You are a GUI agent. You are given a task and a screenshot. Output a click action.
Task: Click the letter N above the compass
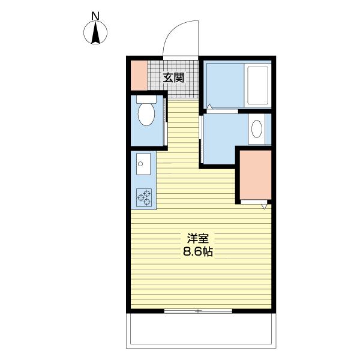[x=95, y=16]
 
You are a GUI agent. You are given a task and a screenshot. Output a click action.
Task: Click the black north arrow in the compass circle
[x=95, y=32]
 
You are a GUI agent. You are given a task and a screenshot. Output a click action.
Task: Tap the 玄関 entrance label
[x=173, y=78]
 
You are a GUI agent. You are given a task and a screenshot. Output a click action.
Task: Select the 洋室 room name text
[x=198, y=239]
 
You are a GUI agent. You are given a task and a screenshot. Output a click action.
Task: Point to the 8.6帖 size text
[x=198, y=252]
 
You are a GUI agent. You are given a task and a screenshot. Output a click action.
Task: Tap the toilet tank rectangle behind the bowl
[x=146, y=99]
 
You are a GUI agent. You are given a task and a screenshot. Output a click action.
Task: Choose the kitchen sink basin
[x=143, y=164]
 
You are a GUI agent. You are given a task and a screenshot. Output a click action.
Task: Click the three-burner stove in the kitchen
[x=144, y=197]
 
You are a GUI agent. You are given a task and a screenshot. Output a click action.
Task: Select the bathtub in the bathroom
[x=257, y=85]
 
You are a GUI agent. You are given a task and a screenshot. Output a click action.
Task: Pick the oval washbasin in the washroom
[x=257, y=129]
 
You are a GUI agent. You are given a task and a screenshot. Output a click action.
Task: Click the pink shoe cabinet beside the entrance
[x=139, y=76]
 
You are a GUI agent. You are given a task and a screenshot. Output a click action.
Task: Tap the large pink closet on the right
[x=256, y=175]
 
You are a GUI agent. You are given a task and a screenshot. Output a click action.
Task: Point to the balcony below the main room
[x=201, y=331]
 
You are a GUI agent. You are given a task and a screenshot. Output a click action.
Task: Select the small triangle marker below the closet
[x=264, y=206]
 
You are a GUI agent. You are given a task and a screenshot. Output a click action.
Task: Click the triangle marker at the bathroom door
[x=209, y=107]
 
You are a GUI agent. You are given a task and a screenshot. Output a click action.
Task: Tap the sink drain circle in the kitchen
[x=140, y=164]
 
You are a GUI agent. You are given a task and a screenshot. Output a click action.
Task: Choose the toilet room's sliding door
[x=166, y=122]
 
